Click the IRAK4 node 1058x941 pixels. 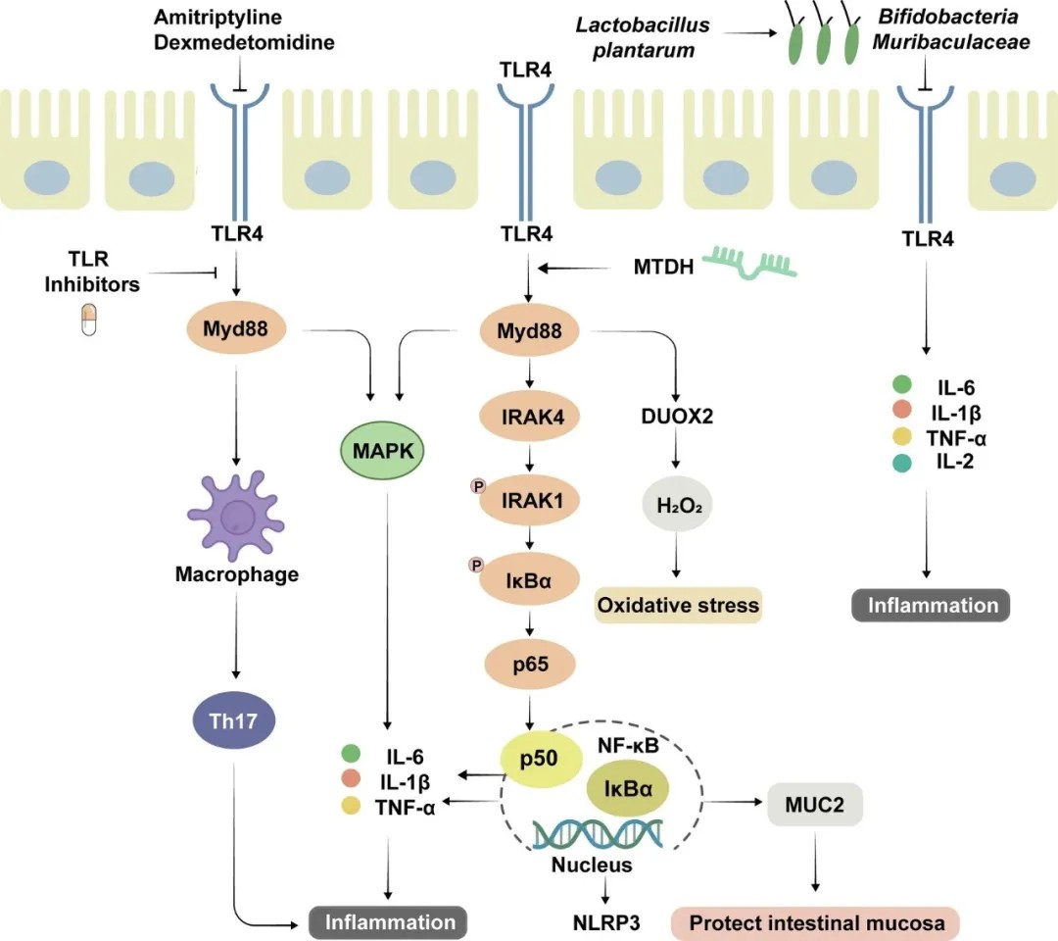coord(529,416)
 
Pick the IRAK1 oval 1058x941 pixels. coord(529,500)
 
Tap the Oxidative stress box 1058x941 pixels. coord(678,605)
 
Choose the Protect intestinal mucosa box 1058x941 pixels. coord(815,922)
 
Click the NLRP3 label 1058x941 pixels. coord(606,921)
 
